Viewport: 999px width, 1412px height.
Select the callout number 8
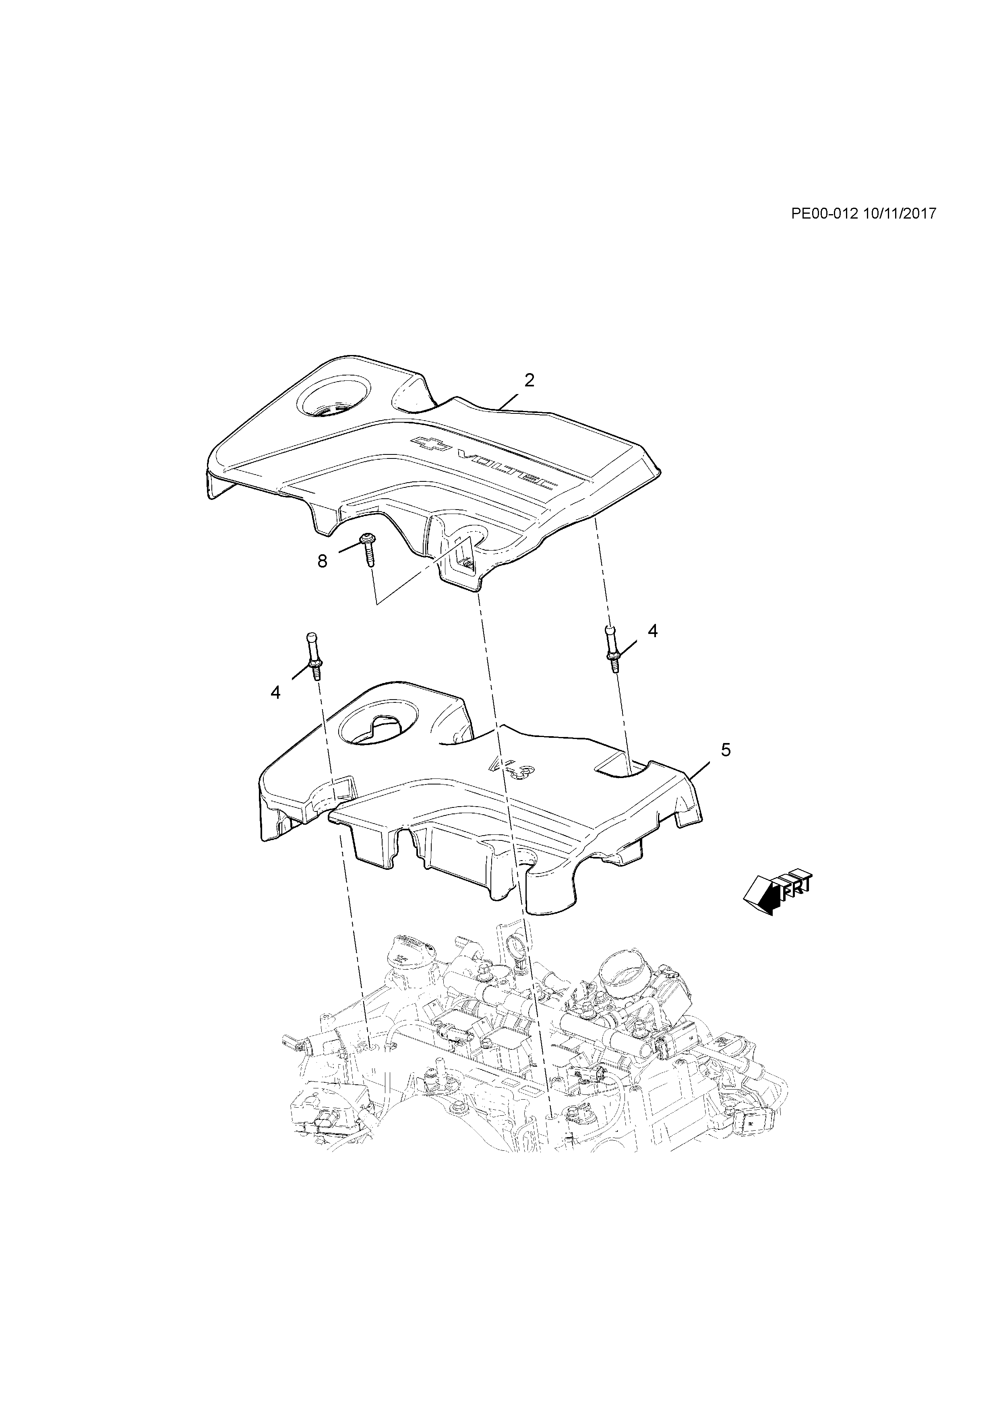pyautogui.click(x=323, y=561)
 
